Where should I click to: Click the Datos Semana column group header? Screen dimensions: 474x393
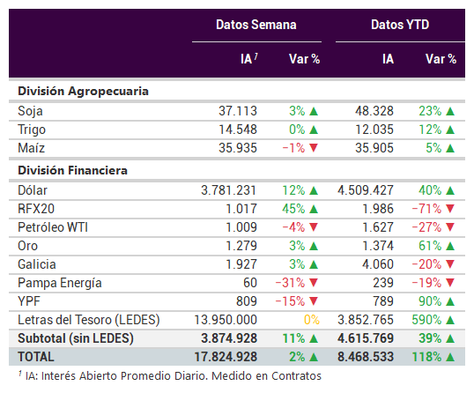click(x=256, y=25)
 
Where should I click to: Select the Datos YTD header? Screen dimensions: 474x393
click(x=400, y=25)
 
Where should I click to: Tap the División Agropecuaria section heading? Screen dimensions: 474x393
click(x=83, y=92)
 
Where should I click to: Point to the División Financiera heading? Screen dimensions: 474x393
click(x=72, y=170)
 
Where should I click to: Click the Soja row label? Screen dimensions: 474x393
click(x=30, y=111)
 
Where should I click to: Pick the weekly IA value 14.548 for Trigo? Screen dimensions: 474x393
click(x=238, y=130)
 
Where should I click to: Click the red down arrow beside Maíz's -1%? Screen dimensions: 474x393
click(x=314, y=148)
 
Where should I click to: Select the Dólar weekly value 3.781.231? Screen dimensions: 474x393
click(x=229, y=190)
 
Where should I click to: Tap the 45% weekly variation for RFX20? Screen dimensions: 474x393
click(x=293, y=209)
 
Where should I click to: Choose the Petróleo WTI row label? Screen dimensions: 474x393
click(x=53, y=227)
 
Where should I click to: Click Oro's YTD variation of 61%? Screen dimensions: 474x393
click(x=430, y=246)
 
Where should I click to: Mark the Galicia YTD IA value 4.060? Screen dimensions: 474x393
click(x=378, y=264)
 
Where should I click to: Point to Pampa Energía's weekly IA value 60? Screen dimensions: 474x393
click(x=250, y=283)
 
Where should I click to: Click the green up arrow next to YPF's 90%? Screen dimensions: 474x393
click(x=450, y=301)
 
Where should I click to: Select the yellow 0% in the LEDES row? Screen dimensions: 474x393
click(x=312, y=320)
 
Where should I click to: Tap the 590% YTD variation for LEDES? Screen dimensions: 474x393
click(x=426, y=320)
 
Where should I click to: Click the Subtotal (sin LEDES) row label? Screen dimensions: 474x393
click(x=76, y=338)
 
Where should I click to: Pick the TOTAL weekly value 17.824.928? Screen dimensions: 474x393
click(x=226, y=357)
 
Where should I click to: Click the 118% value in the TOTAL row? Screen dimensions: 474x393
click(x=426, y=357)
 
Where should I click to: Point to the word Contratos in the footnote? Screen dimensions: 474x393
click(x=296, y=376)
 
